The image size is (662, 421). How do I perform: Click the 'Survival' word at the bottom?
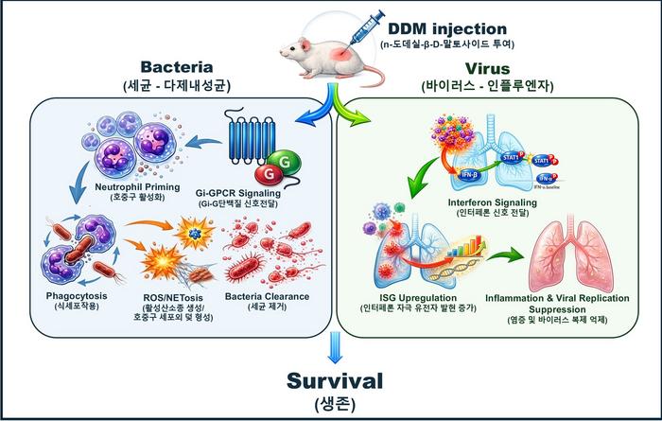click(x=330, y=381)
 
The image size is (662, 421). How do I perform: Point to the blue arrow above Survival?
click(x=330, y=351)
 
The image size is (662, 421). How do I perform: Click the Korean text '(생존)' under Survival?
click(x=330, y=405)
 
